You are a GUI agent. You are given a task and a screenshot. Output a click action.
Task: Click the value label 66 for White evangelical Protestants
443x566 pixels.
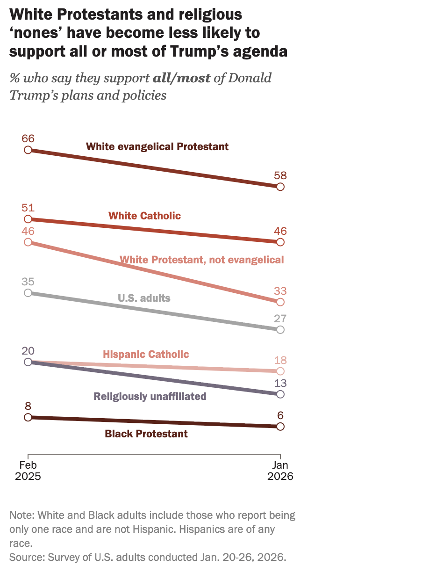(x=28, y=138)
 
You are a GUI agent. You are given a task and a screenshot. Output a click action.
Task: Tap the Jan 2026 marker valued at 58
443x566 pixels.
(x=280, y=187)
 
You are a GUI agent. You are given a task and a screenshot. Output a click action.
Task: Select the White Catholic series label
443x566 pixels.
(x=144, y=216)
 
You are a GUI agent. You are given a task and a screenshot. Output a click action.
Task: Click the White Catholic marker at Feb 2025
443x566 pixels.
(x=28, y=219)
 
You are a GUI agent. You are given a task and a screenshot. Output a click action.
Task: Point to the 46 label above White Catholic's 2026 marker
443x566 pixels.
(x=280, y=231)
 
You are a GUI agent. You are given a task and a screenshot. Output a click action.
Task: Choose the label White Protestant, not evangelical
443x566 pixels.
(x=201, y=260)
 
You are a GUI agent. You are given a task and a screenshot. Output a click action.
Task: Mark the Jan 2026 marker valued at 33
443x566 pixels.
(x=280, y=302)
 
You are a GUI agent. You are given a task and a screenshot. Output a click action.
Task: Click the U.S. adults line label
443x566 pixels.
(x=143, y=298)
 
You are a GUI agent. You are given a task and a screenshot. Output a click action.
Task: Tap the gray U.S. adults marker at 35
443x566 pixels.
(x=28, y=293)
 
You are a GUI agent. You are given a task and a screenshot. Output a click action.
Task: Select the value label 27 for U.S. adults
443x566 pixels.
(x=280, y=319)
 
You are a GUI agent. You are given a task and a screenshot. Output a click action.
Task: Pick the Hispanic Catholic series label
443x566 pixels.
(x=146, y=354)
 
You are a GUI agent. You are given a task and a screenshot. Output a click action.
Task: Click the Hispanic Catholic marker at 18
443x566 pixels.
(x=280, y=371)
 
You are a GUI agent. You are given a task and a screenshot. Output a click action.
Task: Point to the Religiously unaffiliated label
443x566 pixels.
(x=150, y=396)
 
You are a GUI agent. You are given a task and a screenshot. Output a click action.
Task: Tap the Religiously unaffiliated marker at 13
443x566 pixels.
(x=280, y=394)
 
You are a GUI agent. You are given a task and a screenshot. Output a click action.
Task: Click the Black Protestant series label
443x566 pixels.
(x=146, y=434)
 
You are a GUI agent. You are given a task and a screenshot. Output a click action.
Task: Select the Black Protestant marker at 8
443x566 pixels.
(x=28, y=417)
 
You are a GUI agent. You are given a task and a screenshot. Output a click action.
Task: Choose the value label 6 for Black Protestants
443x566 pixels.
(x=280, y=416)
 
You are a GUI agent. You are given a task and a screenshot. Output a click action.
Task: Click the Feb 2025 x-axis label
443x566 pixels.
(x=28, y=471)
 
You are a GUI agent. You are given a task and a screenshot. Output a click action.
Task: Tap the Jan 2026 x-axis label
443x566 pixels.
(x=280, y=471)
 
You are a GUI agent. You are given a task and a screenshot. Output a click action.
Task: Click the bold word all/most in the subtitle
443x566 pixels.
(x=182, y=78)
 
